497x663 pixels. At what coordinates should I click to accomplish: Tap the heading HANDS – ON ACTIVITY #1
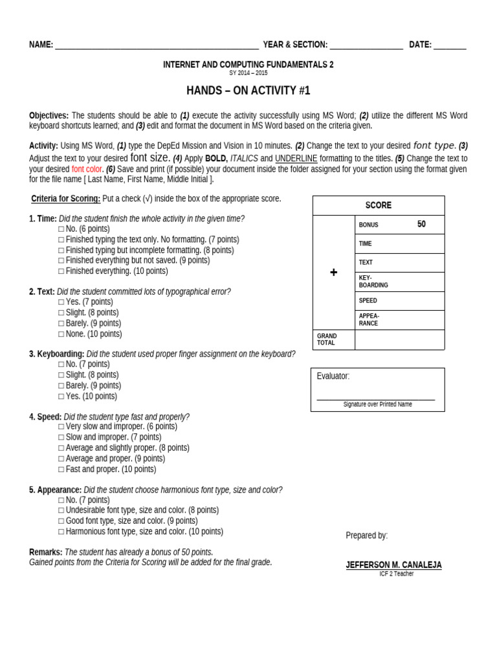(248, 91)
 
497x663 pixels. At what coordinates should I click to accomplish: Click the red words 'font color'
(87, 169)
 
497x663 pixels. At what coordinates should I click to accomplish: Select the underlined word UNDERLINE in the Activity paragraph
(296, 159)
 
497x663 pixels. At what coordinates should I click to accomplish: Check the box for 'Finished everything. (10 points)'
(61, 271)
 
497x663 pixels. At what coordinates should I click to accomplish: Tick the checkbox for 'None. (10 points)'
(61, 334)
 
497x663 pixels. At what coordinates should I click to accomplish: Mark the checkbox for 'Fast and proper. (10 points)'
(61, 469)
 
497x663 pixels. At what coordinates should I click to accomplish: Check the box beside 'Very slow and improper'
(61, 427)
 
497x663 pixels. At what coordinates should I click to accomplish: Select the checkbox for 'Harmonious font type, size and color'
(61, 532)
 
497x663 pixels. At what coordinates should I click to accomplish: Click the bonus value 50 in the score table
(421, 225)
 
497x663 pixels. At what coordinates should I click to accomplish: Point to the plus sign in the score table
(333, 273)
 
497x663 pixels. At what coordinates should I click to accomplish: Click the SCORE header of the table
(379, 205)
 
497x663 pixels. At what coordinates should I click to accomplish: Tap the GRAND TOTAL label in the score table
(327, 340)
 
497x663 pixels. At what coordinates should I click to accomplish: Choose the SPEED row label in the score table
(368, 301)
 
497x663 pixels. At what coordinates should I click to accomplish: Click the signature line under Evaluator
(376, 399)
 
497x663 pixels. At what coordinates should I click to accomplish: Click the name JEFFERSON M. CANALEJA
(393, 565)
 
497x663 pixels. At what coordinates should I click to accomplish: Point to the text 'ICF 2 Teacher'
(396, 574)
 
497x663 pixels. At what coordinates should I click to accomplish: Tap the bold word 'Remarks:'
(45, 552)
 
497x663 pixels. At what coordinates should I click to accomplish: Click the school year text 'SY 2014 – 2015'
(248, 73)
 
